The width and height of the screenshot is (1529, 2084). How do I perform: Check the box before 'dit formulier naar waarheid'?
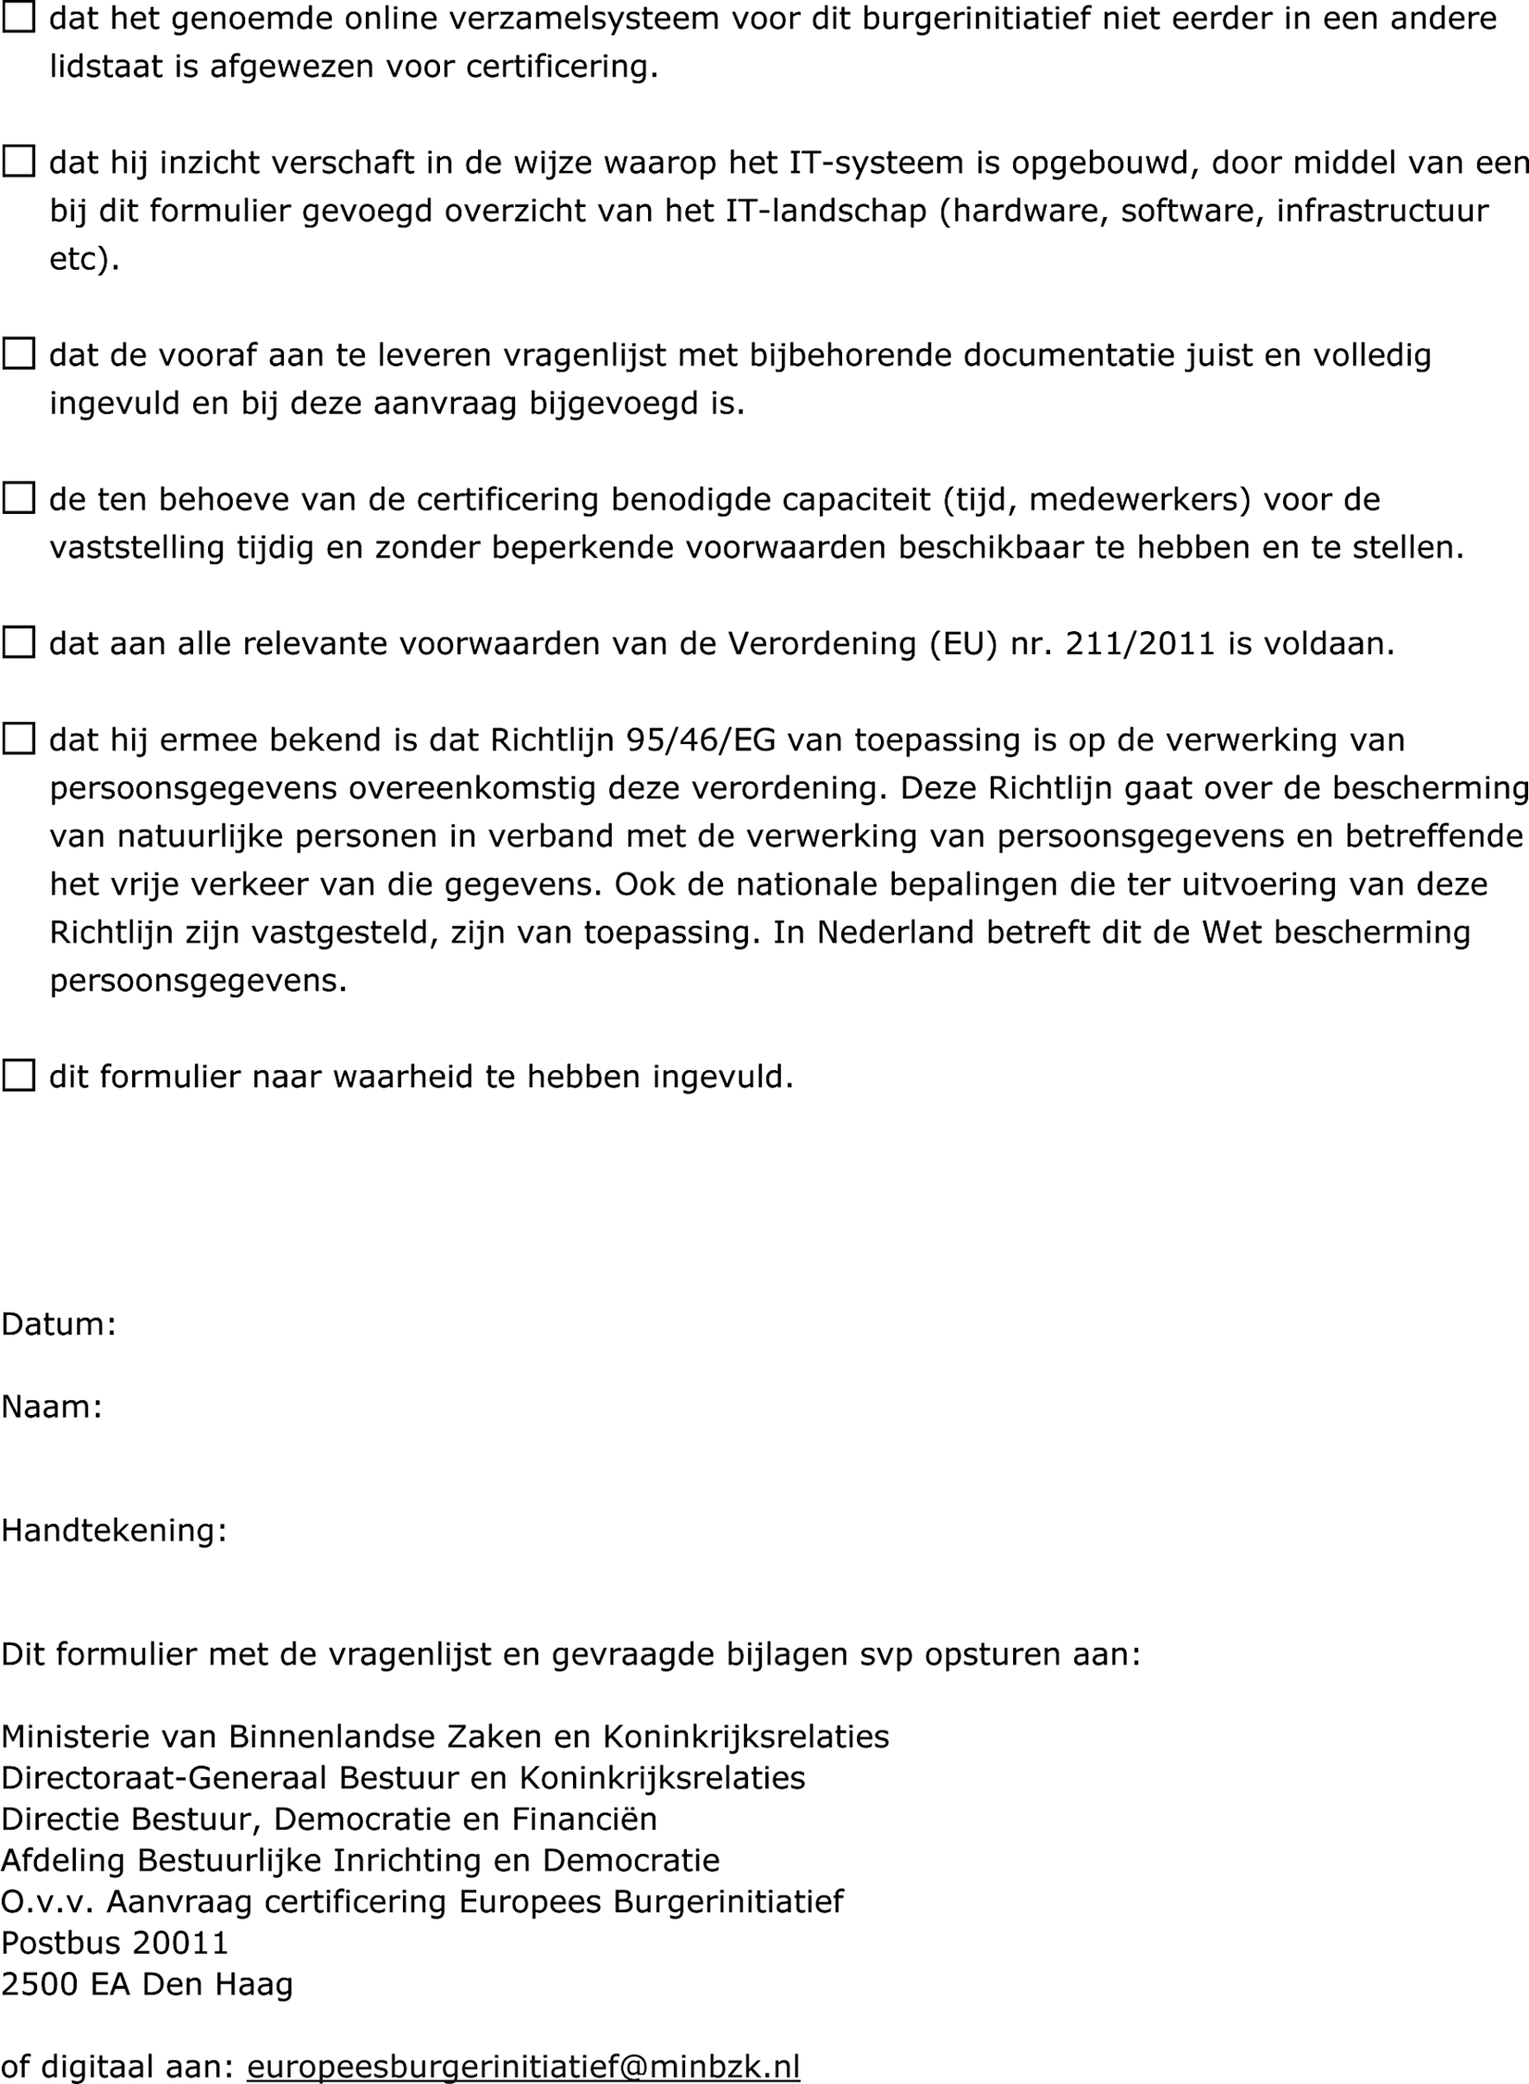coord(18,1076)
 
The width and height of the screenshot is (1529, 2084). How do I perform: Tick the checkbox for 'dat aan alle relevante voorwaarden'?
coord(18,642)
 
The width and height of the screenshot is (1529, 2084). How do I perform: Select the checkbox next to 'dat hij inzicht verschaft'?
coord(18,161)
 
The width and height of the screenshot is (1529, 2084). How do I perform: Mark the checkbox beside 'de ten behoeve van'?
coord(18,498)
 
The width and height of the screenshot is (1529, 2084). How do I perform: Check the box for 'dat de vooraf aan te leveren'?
coord(18,354)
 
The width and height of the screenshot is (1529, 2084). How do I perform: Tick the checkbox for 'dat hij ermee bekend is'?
coord(18,738)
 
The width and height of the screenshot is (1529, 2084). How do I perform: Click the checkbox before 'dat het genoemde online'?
coord(18,17)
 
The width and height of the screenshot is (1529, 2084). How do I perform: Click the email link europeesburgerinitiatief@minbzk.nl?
coord(523,2066)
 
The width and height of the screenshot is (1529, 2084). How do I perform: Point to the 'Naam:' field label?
coord(52,1407)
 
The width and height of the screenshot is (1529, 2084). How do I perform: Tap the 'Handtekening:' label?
coord(114,1530)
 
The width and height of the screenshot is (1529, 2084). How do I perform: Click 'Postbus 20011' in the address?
coord(115,1943)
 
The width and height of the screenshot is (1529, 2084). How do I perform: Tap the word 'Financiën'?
coord(584,1820)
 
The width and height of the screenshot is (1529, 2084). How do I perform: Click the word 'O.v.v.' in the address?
coord(47,1902)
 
